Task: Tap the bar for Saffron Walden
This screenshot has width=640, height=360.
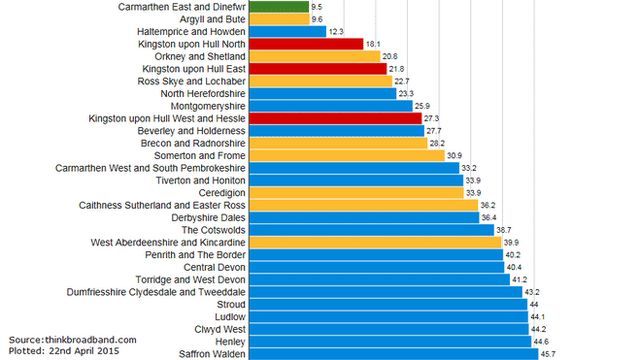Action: pos(390,353)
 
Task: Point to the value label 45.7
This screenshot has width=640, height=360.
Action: pos(549,354)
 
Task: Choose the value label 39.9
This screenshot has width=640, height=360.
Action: pos(510,242)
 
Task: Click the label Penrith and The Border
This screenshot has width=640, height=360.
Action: pos(194,254)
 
